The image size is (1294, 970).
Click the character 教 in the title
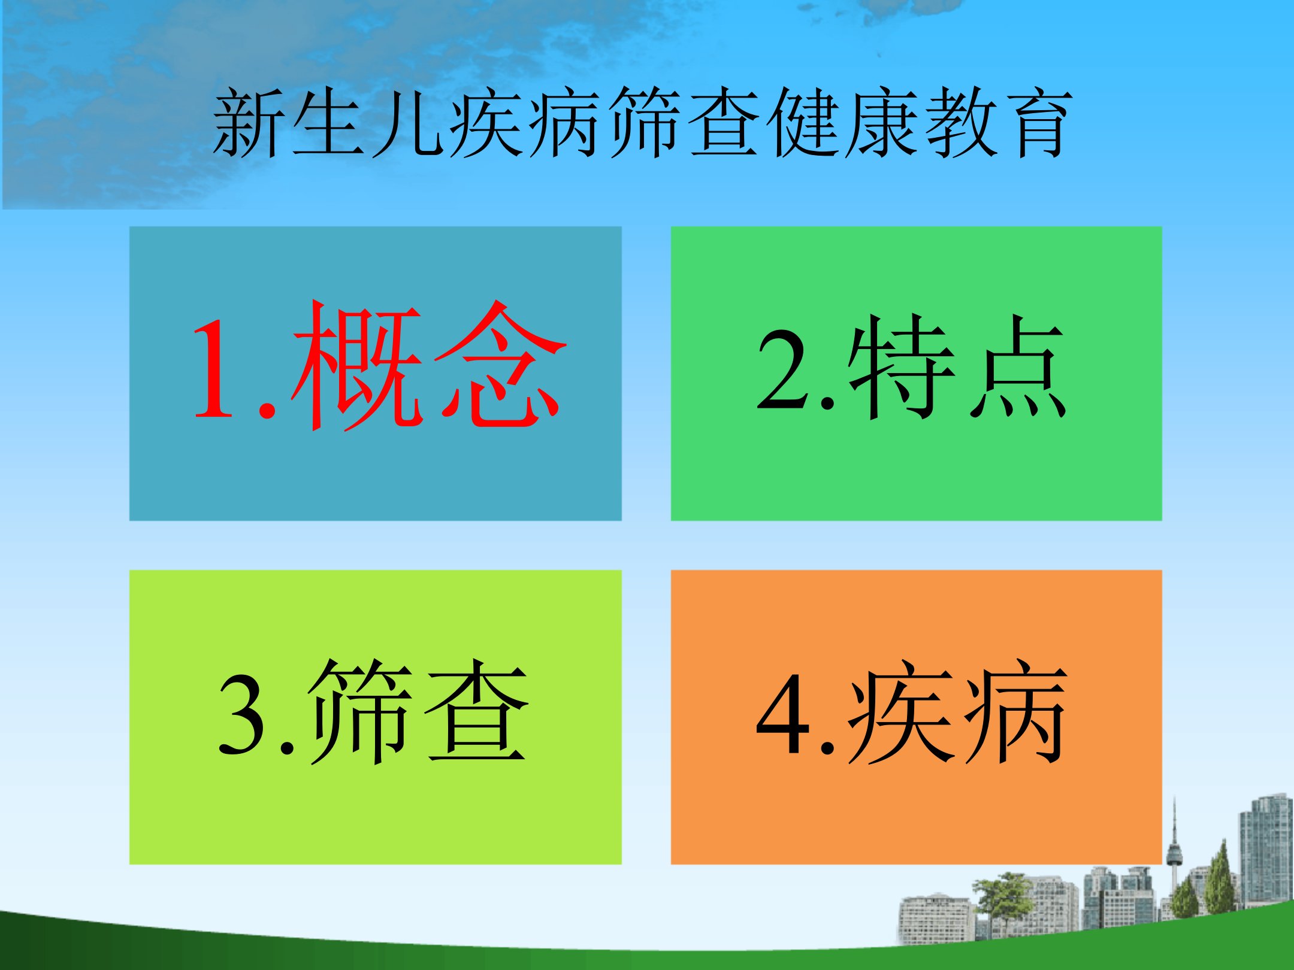962,123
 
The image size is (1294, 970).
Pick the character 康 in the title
884,123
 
